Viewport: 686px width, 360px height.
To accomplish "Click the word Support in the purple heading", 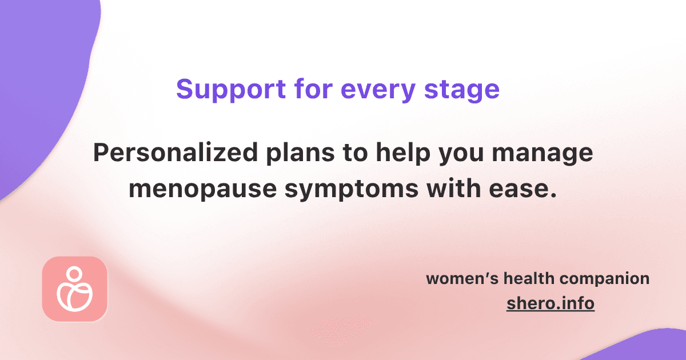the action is point(231,90).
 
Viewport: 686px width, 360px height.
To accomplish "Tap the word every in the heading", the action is point(378,91).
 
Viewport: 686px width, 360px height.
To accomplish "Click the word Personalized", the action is point(176,152).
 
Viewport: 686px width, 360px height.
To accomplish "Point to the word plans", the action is point(300,154).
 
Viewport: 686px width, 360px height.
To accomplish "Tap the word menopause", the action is point(203,190).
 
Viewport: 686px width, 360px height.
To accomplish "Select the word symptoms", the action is point(352,190).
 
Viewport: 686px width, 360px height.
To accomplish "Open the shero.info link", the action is point(551,303).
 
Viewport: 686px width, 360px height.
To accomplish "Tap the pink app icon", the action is point(75,289).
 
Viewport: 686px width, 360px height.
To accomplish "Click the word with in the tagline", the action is point(453,188).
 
